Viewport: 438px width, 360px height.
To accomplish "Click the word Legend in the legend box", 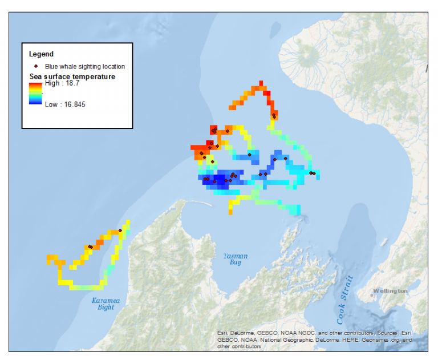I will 41,54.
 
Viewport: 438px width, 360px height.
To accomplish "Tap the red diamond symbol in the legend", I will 36,66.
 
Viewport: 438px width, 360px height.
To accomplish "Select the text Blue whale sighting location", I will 85,67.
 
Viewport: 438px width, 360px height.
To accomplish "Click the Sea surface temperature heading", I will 72,76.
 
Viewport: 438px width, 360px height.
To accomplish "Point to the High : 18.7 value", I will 62,83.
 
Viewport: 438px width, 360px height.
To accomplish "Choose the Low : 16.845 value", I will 65,104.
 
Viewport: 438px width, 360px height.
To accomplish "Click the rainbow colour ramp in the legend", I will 35,94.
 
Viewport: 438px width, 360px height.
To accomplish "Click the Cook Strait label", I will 342,297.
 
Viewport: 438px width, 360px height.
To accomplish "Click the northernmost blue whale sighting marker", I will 274,116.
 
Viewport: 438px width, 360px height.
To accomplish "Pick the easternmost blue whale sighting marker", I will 313,173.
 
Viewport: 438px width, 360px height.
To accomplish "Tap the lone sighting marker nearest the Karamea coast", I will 120,230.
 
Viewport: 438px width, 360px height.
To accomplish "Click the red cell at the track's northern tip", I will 262,84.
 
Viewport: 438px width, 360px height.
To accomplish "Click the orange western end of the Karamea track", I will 50,260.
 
